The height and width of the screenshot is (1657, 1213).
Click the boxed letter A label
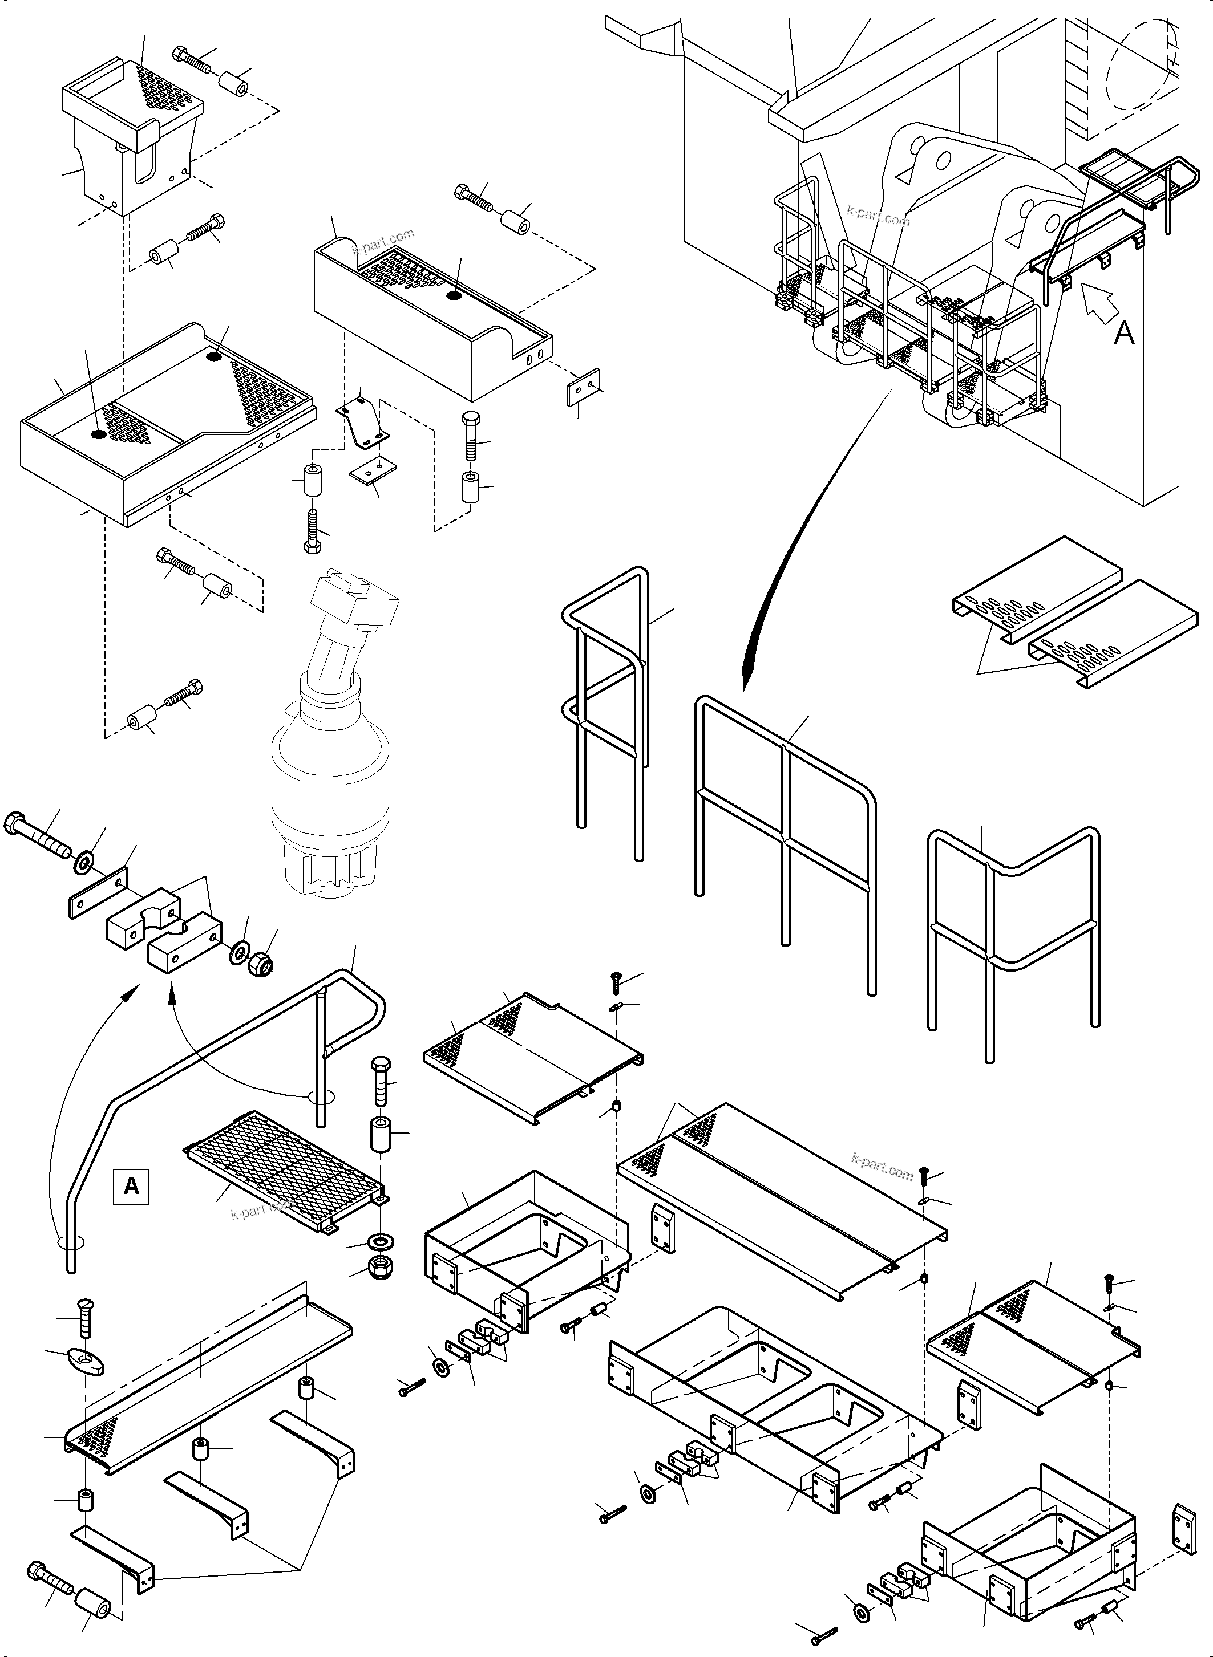pyautogui.click(x=131, y=1186)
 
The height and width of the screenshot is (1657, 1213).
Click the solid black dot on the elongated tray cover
pyautogui.click(x=454, y=296)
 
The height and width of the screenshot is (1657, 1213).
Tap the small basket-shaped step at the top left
pyautogui.click(x=132, y=140)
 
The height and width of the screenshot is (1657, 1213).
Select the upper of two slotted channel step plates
pyautogui.click(x=1036, y=587)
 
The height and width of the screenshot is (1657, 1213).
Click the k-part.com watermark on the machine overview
pyautogui.click(x=878, y=217)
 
